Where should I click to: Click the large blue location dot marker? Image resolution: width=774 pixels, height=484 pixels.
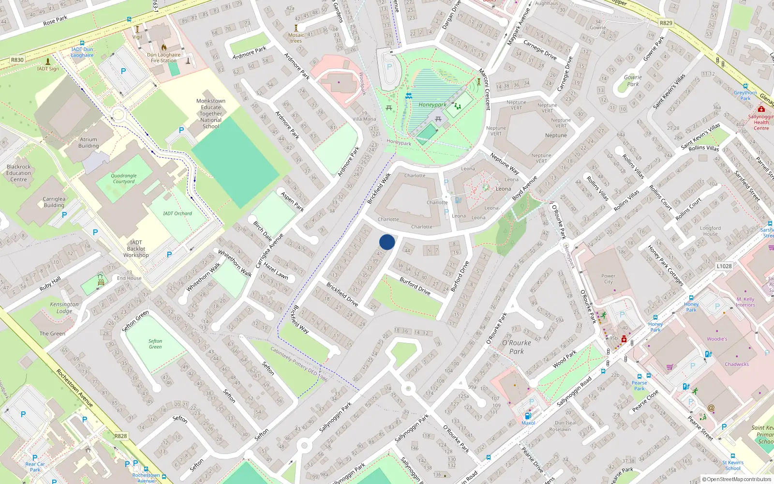[387, 242]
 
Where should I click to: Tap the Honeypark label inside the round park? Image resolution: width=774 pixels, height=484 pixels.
[432, 105]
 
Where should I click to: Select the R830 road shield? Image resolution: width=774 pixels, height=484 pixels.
[17, 60]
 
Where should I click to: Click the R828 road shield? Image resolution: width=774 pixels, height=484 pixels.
[120, 436]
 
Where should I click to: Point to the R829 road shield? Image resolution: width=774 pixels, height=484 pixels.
[666, 23]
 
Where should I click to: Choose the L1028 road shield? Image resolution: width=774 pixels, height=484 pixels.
[724, 266]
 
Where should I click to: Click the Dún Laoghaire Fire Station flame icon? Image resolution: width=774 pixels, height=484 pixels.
[164, 47]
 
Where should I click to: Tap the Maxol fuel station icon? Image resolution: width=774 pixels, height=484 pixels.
[528, 415]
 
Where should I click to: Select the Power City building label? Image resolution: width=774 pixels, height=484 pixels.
[608, 279]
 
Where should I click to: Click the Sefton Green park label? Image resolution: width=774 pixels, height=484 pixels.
[155, 344]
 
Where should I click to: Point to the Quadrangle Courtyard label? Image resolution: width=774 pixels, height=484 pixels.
[123, 179]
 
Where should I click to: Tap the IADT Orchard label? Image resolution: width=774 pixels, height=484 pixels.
[178, 213]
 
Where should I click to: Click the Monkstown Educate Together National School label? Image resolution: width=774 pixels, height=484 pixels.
[211, 114]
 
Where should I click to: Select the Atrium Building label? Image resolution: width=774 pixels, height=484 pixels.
[89, 142]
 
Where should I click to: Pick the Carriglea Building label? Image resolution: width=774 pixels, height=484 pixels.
[54, 202]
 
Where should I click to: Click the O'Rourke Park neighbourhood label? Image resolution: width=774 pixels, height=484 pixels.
[517, 347]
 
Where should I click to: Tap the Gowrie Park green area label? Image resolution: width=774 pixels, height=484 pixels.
[633, 80]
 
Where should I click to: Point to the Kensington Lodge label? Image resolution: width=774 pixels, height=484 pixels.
[64, 307]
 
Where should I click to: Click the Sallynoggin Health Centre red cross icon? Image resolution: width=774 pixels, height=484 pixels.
[761, 109]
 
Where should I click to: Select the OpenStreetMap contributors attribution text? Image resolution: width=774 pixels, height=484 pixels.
[737, 479]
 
